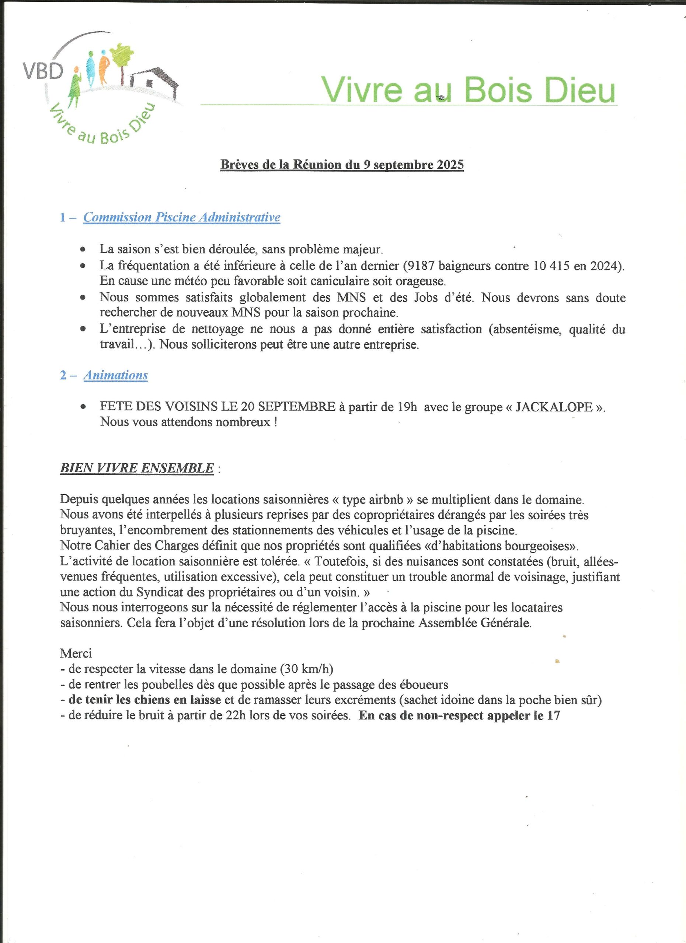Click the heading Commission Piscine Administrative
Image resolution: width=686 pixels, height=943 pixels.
[182, 217]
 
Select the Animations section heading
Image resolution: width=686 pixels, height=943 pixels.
[116, 375]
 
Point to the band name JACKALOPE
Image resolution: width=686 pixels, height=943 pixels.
[554, 407]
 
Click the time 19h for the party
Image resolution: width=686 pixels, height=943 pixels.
[407, 407]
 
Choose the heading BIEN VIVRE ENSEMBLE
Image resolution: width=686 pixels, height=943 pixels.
[137, 468]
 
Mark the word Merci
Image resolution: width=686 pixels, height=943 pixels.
[76, 653]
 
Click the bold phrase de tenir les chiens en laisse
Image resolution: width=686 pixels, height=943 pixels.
[144, 700]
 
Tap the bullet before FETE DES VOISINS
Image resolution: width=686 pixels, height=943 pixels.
[84, 407]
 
